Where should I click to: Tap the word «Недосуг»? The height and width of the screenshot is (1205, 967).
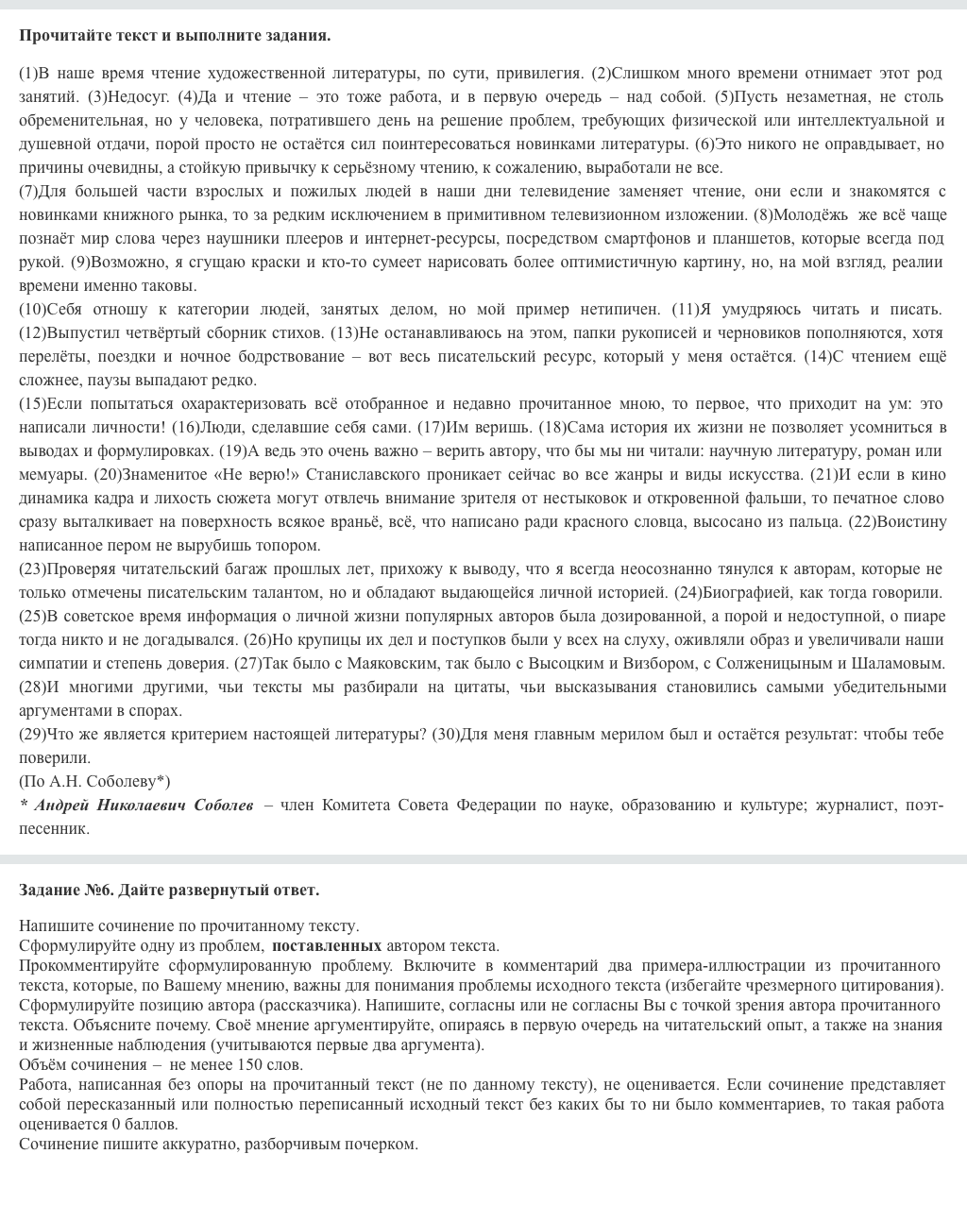click(x=139, y=96)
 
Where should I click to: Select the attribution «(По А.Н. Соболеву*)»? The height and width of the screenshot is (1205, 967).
click(x=94, y=781)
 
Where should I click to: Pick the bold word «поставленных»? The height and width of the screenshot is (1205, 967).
click(x=327, y=945)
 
